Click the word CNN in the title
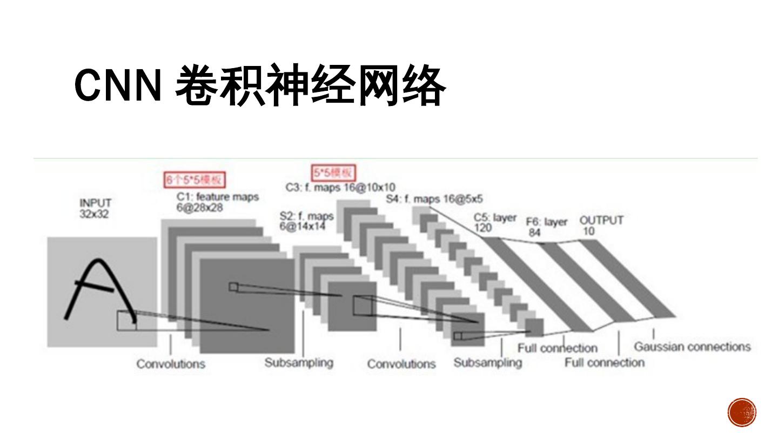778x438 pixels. (x=118, y=85)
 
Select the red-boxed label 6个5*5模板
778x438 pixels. (x=195, y=180)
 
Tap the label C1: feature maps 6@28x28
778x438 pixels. (x=217, y=202)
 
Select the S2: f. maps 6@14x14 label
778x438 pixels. (x=306, y=221)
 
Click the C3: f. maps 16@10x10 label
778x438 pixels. (x=340, y=188)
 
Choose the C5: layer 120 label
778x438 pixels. (x=494, y=222)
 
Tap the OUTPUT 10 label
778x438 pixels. (x=601, y=225)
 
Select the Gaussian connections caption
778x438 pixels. (x=692, y=347)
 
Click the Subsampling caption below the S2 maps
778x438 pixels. (x=299, y=362)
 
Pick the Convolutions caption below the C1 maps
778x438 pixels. (x=171, y=363)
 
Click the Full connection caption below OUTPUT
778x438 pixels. (x=605, y=362)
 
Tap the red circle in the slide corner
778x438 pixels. (x=742, y=413)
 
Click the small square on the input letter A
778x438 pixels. (x=126, y=320)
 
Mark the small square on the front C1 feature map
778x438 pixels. (x=233, y=287)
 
